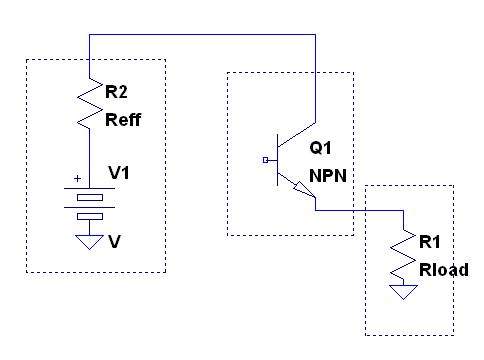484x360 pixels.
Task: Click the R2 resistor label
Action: coord(116,91)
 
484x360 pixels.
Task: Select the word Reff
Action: coord(123,120)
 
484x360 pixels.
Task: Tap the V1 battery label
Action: coord(119,173)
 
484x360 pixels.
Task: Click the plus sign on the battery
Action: coord(77,179)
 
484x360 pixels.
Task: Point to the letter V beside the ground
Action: coord(114,241)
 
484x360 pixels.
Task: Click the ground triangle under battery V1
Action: coord(89,242)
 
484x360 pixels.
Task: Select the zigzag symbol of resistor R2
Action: coord(90,104)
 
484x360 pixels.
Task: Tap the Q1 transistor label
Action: coord(320,148)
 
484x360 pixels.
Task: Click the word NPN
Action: coord(328,176)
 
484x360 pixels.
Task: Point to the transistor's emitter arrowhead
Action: coord(304,190)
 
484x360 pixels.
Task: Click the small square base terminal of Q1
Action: coord(265,160)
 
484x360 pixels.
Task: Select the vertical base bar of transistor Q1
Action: coord(277,160)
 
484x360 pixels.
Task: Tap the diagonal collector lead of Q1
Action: coord(296,135)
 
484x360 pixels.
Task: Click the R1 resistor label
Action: coord(430,242)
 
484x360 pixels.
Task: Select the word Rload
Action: coord(444,270)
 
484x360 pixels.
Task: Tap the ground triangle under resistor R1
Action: coord(403,292)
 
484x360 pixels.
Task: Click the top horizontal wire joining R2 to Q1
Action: coord(202,34)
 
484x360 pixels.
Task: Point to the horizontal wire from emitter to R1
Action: coord(359,210)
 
